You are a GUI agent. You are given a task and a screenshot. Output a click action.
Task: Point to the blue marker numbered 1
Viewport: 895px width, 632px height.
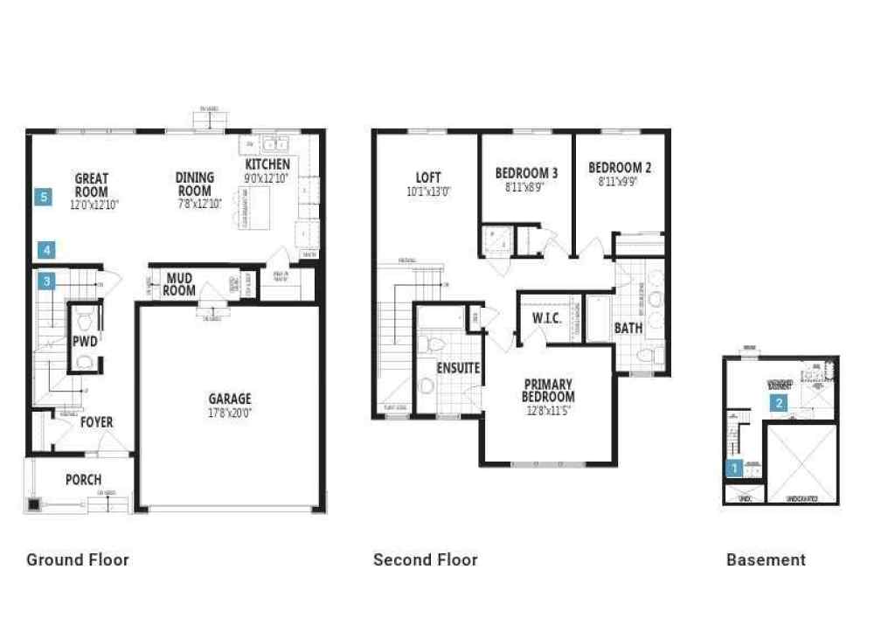click(735, 469)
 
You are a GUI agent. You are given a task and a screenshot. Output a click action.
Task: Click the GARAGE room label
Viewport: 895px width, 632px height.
click(229, 399)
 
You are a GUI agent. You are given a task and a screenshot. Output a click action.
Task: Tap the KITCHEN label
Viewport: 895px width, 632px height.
click(267, 165)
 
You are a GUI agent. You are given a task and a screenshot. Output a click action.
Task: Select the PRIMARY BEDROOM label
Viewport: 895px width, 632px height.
click(548, 390)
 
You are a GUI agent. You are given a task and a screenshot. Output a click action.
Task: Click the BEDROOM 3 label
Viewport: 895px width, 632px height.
click(526, 172)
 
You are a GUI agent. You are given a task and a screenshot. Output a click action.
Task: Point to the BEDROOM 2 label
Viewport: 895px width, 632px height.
click(620, 168)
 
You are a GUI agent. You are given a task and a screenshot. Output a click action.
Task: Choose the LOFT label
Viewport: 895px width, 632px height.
click(428, 177)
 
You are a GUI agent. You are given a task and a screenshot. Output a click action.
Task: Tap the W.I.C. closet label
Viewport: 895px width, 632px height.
click(546, 318)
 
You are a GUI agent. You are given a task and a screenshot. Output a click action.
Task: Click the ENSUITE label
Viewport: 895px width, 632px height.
click(458, 368)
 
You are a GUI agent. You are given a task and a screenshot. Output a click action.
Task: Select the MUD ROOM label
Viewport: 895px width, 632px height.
click(180, 285)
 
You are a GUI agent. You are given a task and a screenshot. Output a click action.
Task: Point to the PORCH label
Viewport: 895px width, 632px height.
click(83, 480)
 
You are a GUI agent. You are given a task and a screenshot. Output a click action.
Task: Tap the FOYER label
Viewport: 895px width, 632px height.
click(97, 422)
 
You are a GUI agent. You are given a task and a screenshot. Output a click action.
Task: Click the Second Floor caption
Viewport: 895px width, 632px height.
click(425, 559)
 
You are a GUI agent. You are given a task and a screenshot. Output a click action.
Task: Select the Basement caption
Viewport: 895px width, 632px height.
click(766, 559)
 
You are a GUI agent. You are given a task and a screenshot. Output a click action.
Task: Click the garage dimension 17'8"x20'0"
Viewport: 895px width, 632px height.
click(229, 413)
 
